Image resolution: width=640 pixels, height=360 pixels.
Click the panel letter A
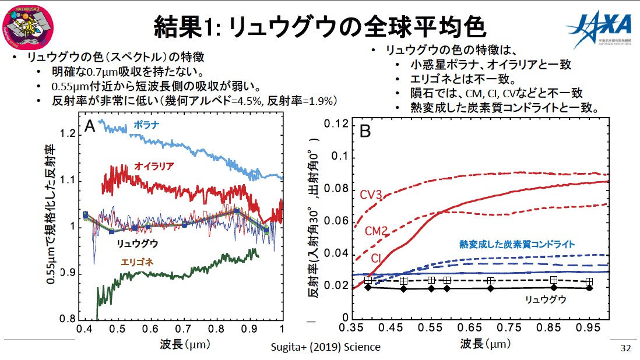click(x=90, y=126)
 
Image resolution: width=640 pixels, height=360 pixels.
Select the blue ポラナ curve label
click(x=146, y=125)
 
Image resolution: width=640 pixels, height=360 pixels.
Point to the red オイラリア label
click(x=154, y=166)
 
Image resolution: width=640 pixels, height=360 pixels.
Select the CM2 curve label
click(x=377, y=231)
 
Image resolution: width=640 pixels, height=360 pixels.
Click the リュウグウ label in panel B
click(x=546, y=299)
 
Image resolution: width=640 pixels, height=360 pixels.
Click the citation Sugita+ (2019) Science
click(x=326, y=347)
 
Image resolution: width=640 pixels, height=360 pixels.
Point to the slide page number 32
click(x=625, y=348)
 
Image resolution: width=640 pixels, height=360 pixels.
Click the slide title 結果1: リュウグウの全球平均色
click(x=319, y=26)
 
